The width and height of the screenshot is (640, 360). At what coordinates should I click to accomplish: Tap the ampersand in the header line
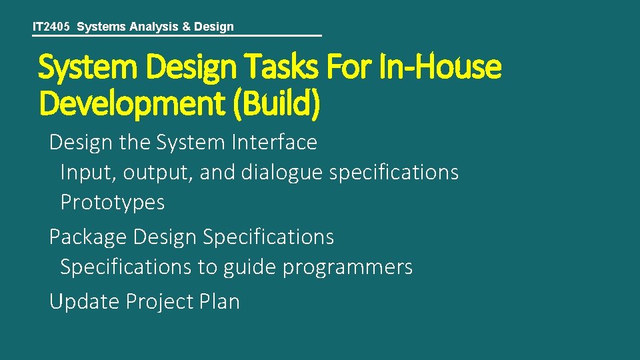point(186,27)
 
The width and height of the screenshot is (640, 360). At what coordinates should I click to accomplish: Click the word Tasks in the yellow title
point(287,67)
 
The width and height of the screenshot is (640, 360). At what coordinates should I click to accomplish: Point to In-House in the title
point(441,67)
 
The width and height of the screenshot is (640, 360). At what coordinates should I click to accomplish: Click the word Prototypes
point(112,202)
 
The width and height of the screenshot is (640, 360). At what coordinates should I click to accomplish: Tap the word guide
point(250,267)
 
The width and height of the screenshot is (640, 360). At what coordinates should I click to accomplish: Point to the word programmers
point(347,267)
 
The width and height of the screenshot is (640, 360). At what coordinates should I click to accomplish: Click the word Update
point(84,301)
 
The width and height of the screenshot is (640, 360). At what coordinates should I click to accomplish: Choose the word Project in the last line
point(159,301)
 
